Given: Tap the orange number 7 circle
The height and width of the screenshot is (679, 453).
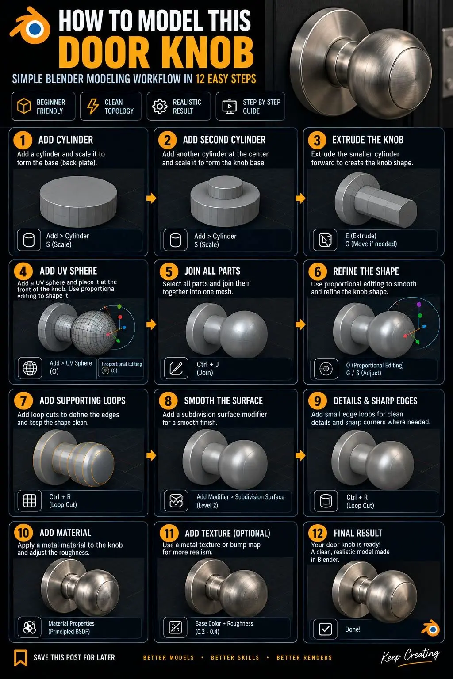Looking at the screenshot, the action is pyautogui.click(x=23, y=401).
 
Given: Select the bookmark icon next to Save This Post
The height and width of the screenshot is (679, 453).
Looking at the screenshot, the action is pyautogui.click(x=21, y=657).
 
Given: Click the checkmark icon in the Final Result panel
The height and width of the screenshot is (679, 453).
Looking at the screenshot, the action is pyautogui.click(x=325, y=629).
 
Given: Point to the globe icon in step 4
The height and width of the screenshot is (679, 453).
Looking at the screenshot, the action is pyautogui.click(x=30, y=368).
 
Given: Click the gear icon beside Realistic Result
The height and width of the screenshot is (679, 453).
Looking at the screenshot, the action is pyautogui.click(x=160, y=107).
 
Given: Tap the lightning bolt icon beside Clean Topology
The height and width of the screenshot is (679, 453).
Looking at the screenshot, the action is pyautogui.click(x=93, y=107).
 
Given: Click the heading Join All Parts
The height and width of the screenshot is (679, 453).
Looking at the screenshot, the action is pyautogui.click(x=212, y=271).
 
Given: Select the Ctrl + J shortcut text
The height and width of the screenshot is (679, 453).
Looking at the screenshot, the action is pyautogui.click(x=207, y=364).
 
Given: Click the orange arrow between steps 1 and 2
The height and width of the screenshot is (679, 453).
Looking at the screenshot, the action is pyautogui.click(x=151, y=198).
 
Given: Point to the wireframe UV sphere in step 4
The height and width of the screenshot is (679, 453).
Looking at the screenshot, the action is pyautogui.click(x=94, y=332).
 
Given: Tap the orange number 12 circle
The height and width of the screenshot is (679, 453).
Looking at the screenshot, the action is pyautogui.click(x=317, y=533).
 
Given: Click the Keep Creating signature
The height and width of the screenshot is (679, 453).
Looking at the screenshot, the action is pyautogui.click(x=410, y=656).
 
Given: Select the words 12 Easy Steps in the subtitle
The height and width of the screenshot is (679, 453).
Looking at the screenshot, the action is pyautogui.click(x=226, y=79).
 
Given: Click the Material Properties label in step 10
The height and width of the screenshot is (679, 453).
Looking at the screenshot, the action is pyautogui.click(x=71, y=623).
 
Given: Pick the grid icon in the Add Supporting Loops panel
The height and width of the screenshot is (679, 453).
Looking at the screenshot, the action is pyautogui.click(x=30, y=500).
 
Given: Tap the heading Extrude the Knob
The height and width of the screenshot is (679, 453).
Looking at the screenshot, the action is pyautogui.click(x=368, y=139).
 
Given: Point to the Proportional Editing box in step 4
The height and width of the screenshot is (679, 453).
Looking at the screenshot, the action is pyautogui.click(x=121, y=368).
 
